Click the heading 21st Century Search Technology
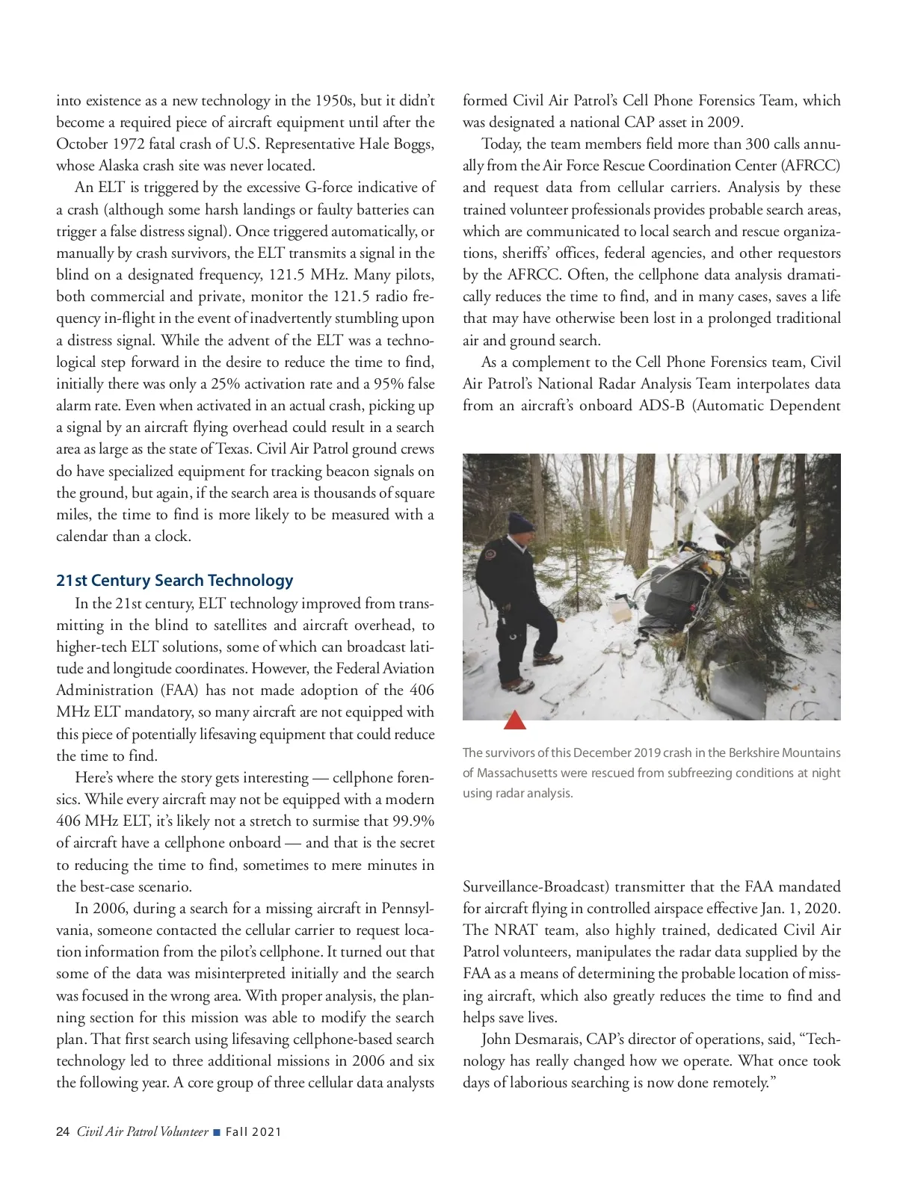click(x=174, y=581)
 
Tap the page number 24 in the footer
click(x=63, y=1131)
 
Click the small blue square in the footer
click(x=217, y=1132)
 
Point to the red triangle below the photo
click(x=515, y=720)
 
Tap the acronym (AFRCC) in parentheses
click(x=805, y=165)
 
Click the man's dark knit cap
click(x=520, y=521)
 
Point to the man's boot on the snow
click(x=548, y=658)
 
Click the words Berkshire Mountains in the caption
click(x=785, y=753)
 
